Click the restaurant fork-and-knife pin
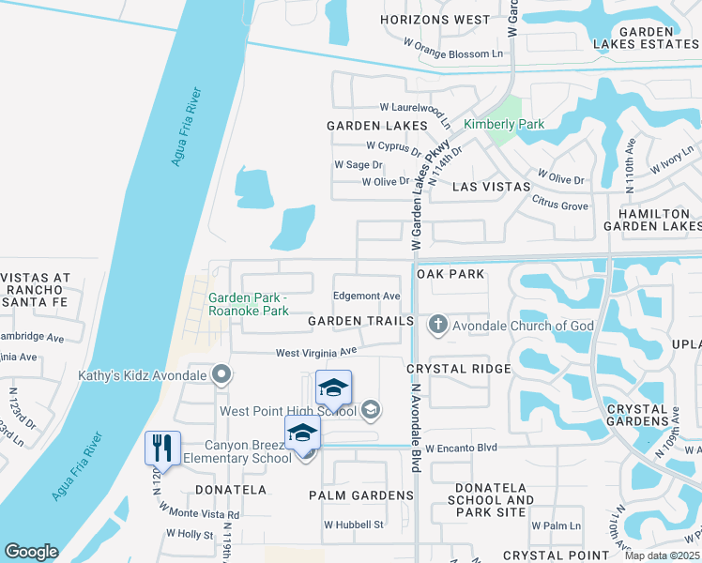pyautogui.click(x=162, y=449)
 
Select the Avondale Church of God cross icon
pyautogui.click(x=436, y=326)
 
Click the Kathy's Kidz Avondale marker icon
pyautogui.click(x=221, y=376)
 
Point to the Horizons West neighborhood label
pyautogui.click(x=435, y=20)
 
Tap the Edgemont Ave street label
pyautogui.click(x=367, y=296)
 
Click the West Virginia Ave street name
pyautogui.click(x=316, y=353)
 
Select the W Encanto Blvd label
pyautogui.click(x=461, y=449)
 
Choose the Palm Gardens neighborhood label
pyautogui.click(x=360, y=495)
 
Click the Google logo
pyautogui.click(x=30, y=552)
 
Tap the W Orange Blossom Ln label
pyautogui.click(x=452, y=54)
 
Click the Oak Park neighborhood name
pyautogui.click(x=450, y=274)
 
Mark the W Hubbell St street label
pyautogui.click(x=354, y=525)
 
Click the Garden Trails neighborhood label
pyautogui.click(x=360, y=321)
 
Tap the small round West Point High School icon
pyautogui.click(x=371, y=409)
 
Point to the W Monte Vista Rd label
pyautogui.click(x=200, y=511)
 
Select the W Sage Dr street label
pyautogui.click(x=359, y=164)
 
